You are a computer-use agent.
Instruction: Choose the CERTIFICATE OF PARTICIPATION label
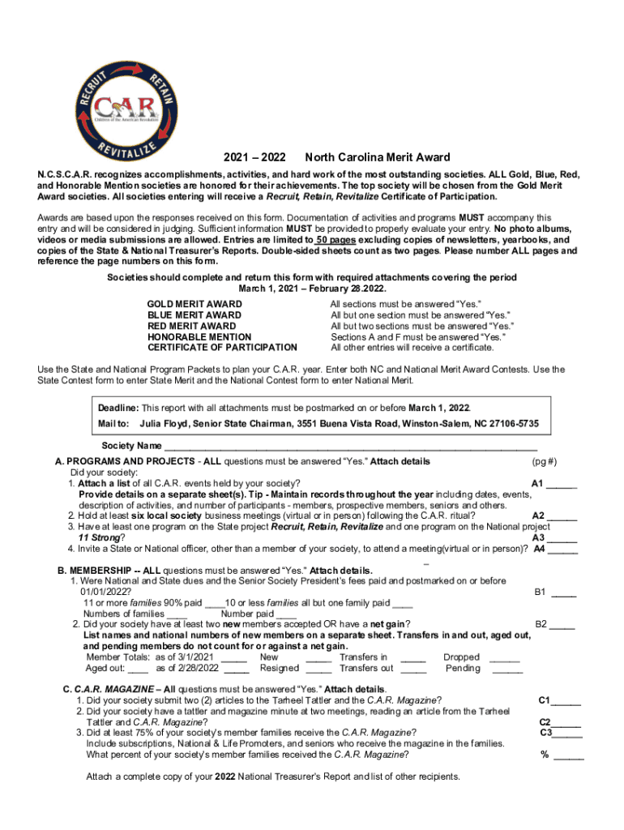(x=222, y=347)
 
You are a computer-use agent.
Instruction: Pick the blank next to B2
(x=562, y=625)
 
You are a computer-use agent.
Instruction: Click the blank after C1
(x=566, y=700)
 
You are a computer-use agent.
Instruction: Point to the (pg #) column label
(x=544, y=461)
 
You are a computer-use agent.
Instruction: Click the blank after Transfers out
(x=413, y=669)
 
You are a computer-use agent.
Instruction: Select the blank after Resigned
(x=318, y=669)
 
